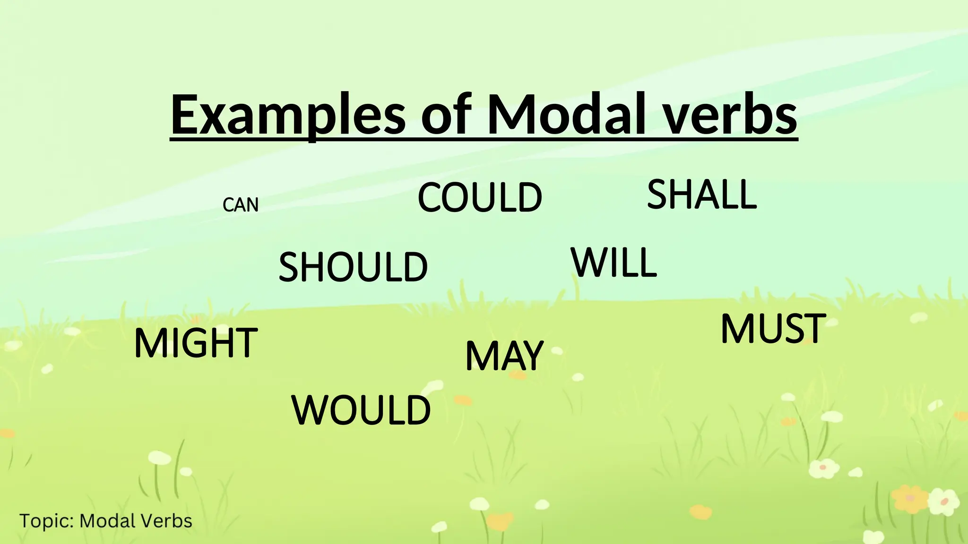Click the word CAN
tap(241, 205)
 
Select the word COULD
tap(480, 197)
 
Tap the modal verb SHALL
tap(702, 195)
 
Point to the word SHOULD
tap(353, 267)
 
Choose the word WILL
tap(614, 263)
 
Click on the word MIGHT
tap(196, 343)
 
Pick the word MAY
tap(504, 356)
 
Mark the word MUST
tap(773, 329)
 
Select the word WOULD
tap(361, 410)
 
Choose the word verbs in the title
tap(731, 115)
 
